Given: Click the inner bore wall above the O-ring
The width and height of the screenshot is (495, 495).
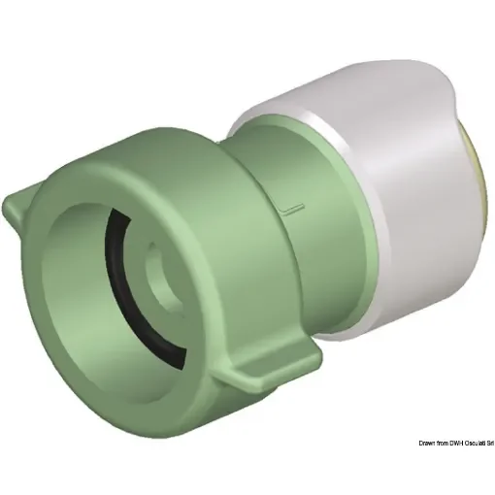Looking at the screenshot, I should (x=165, y=233).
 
